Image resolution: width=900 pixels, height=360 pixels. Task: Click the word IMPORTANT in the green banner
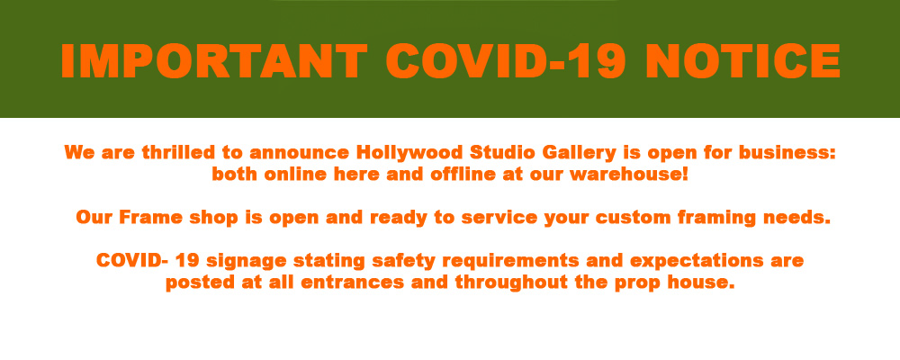pyautogui.click(x=214, y=61)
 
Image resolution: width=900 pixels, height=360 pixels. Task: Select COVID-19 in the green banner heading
pyautogui.click(x=506, y=61)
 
